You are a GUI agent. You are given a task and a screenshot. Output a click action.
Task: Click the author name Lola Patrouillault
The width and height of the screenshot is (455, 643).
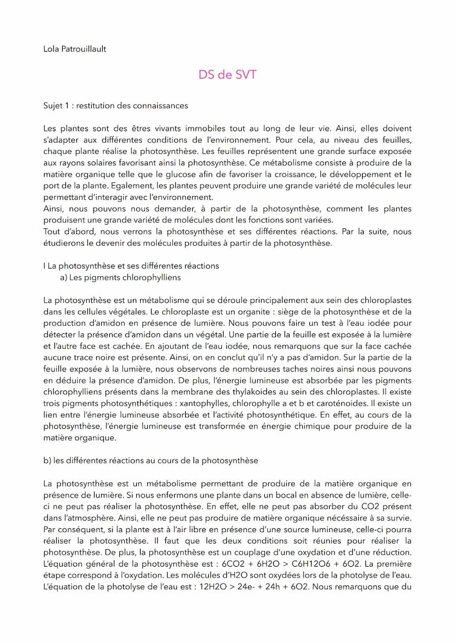pos(74,49)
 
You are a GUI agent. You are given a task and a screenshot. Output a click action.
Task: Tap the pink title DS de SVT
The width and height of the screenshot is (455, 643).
pos(227,75)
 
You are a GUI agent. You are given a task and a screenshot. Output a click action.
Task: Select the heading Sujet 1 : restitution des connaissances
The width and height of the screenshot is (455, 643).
pos(115,105)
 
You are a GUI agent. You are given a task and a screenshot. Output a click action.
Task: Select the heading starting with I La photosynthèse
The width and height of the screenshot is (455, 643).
pos(131,266)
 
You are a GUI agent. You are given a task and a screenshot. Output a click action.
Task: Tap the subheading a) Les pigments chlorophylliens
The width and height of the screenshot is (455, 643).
pos(120,277)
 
